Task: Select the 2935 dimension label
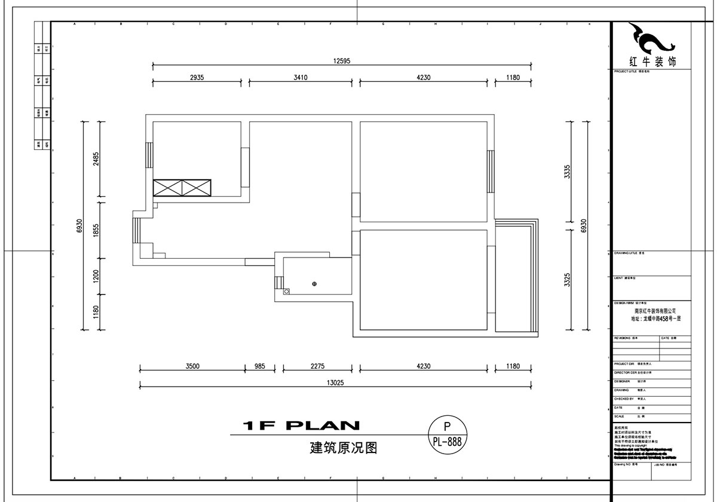pyautogui.click(x=197, y=77)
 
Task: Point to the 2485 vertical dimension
pyautogui.click(x=96, y=160)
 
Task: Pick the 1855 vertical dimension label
pyautogui.click(x=96, y=229)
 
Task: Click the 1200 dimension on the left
pyautogui.click(x=96, y=277)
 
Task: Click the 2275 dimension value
pyautogui.click(x=317, y=366)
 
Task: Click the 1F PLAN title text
pyautogui.click(x=301, y=426)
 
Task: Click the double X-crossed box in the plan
pyautogui.click(x=182, y=188)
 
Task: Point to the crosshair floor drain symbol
pyautogui.click(x=314, y=284)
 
